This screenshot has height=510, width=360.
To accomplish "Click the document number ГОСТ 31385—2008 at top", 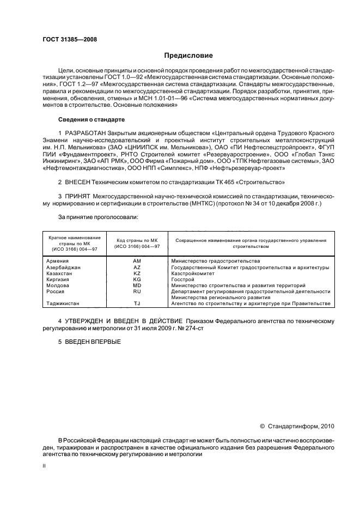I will coord(66,40).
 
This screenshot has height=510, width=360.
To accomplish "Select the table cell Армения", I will coord(58,261).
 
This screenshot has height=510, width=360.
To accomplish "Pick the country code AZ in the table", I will coord(137,268).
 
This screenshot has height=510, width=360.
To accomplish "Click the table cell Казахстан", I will coord(60,274).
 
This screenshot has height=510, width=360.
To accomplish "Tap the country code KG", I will coord(137,280).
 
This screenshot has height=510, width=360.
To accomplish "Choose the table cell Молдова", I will coord(58,286).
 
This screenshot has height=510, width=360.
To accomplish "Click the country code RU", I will coord(137,292).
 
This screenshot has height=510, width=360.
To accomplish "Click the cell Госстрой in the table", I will coord(182,280).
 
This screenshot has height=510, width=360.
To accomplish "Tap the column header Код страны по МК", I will coord(137,240).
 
